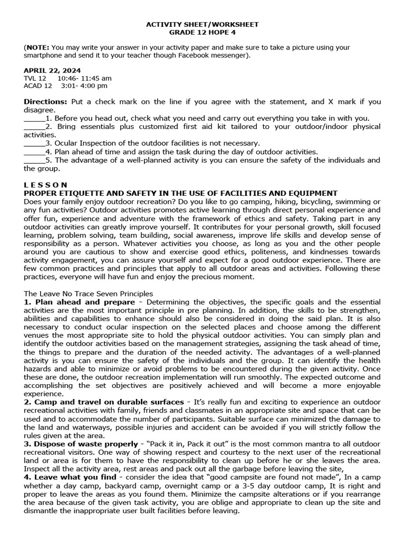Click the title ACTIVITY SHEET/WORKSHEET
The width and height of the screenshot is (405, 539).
point(202,24)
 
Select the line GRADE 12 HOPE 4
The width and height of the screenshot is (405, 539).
point(202,32)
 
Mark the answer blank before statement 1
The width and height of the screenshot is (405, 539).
point(34,119)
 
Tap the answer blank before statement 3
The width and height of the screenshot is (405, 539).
point(34,143)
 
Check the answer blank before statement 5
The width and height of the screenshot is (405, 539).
point(34,161)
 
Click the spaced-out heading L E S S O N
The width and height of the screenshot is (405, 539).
point(46,185)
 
